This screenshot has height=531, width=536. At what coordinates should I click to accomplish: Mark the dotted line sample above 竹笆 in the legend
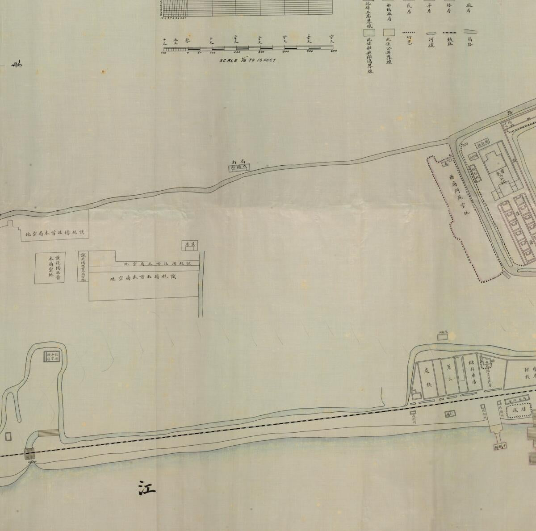coord(411,33)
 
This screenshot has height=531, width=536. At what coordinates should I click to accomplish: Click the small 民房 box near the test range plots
coord(190,245)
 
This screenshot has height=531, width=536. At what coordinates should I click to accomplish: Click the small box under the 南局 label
coord(238,167)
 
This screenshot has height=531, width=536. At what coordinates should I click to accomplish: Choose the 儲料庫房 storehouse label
coord(473,375)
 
